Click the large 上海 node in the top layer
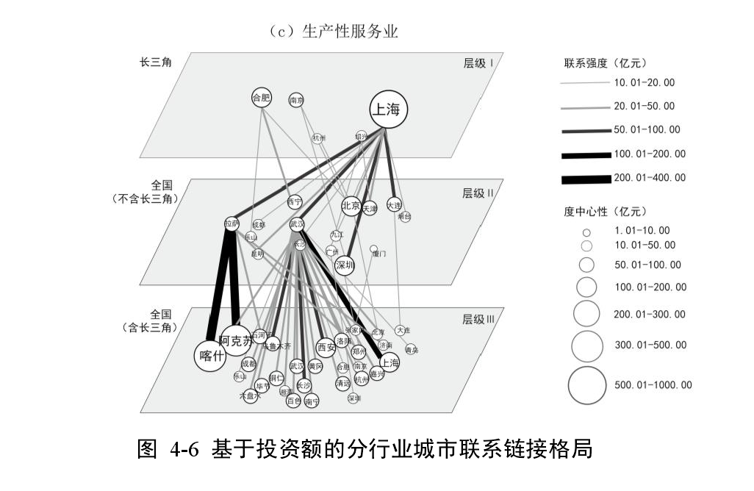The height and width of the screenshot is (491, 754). (388, 110)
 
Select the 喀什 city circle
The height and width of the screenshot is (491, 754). (209, 356)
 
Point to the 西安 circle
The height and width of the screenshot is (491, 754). (326, 346)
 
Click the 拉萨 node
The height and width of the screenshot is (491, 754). (231, 223)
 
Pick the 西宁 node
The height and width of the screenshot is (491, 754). (295, 201)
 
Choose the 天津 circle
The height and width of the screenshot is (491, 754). (369, 209)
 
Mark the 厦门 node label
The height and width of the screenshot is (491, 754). (379, 254)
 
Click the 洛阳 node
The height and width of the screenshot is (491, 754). (342, 341)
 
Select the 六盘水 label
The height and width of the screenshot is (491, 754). (250, 395)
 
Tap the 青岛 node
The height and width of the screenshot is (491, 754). (412, 350)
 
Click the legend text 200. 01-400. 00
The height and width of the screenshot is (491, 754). (650, 177)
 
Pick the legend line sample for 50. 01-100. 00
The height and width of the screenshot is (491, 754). (585, 130)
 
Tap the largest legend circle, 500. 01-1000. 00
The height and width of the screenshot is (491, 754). (587, 384)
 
